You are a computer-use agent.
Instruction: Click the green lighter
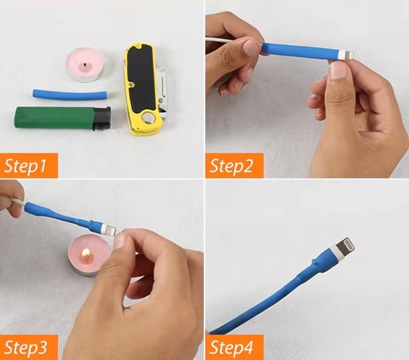click(62, 118)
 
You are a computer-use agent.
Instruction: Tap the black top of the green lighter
click(102, 119)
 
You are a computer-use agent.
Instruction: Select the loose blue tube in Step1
click(70, 94)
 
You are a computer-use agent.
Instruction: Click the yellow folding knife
click(145, 89)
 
